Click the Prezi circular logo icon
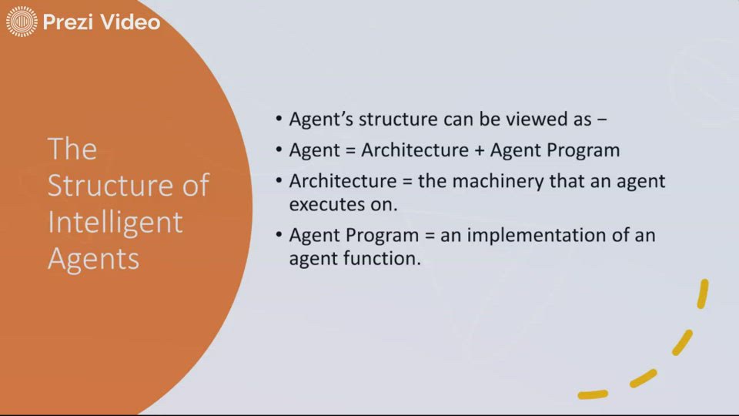22,22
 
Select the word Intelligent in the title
115,223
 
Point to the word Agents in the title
93,259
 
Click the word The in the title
72,149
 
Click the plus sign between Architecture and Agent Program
479,150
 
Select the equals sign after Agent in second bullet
350,150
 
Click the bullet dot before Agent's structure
279,120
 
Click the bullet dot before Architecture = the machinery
279,183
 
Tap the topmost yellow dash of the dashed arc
702,293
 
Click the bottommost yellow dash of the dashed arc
592,395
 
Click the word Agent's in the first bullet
321,119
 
